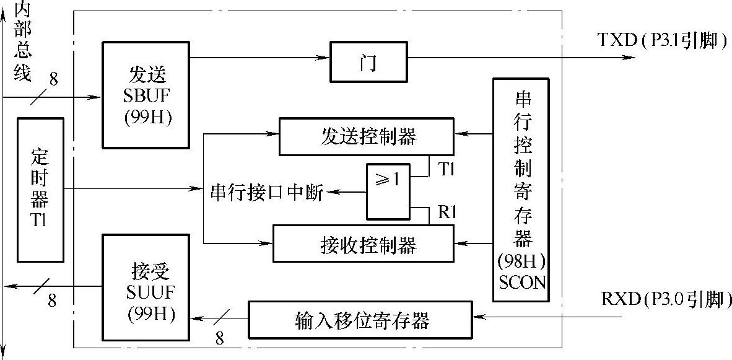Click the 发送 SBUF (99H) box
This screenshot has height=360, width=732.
[x=146, y=94]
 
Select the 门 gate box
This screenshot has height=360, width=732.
[x=368, y=62]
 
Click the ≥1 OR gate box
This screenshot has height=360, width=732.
[x=388, y=191]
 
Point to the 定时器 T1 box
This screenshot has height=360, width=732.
[x=40, y=189]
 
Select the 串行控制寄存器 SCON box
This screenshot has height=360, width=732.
[x=521, y=189]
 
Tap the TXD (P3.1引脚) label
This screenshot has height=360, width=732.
[x=660, y=40]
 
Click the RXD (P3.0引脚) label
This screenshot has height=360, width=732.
[x=665, y=301]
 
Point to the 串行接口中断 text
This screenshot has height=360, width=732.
[x=267, y=193]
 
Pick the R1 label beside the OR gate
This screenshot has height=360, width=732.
[x=447, y=211]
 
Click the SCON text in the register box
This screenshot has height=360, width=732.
[x=522, y=283]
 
